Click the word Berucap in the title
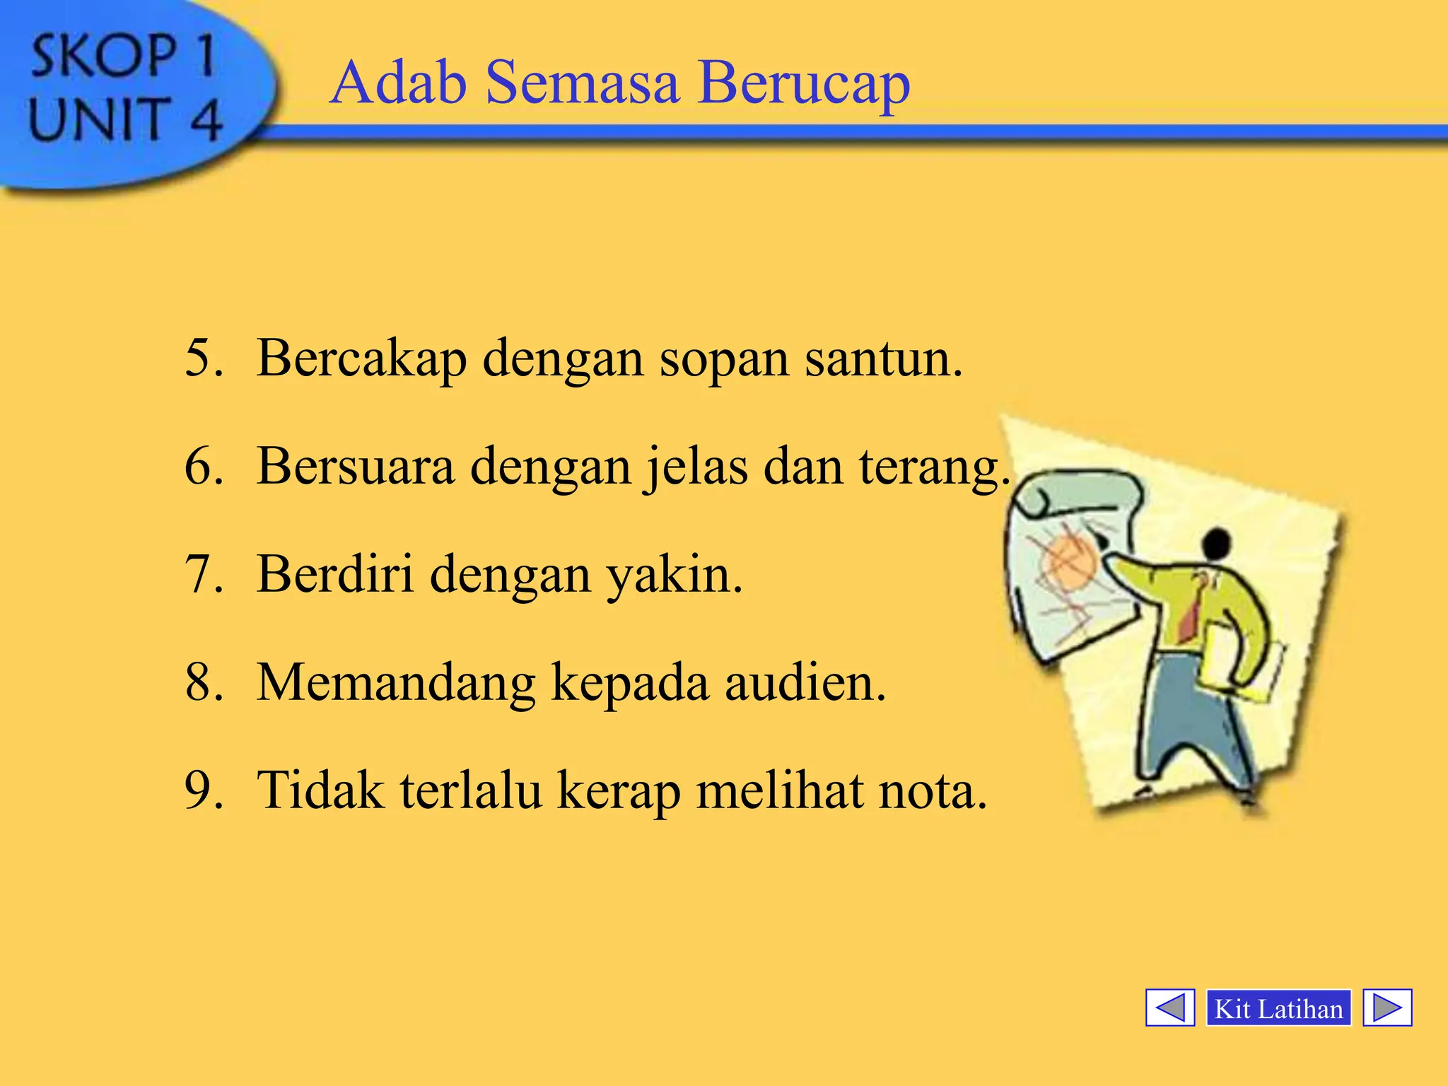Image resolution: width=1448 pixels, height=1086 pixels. tap(803, 83)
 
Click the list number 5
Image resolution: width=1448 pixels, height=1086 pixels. tap(203, 358)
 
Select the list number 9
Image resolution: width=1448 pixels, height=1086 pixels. tap(203, 790)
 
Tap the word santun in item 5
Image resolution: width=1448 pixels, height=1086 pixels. tap(883, 358)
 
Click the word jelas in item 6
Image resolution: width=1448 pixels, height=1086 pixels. tap(696, 467)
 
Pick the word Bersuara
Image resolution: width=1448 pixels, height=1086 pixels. tap(355, 467)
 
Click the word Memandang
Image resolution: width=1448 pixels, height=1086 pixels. tap(396, 683)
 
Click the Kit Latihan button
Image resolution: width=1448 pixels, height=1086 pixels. tap(1278, 1008)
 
